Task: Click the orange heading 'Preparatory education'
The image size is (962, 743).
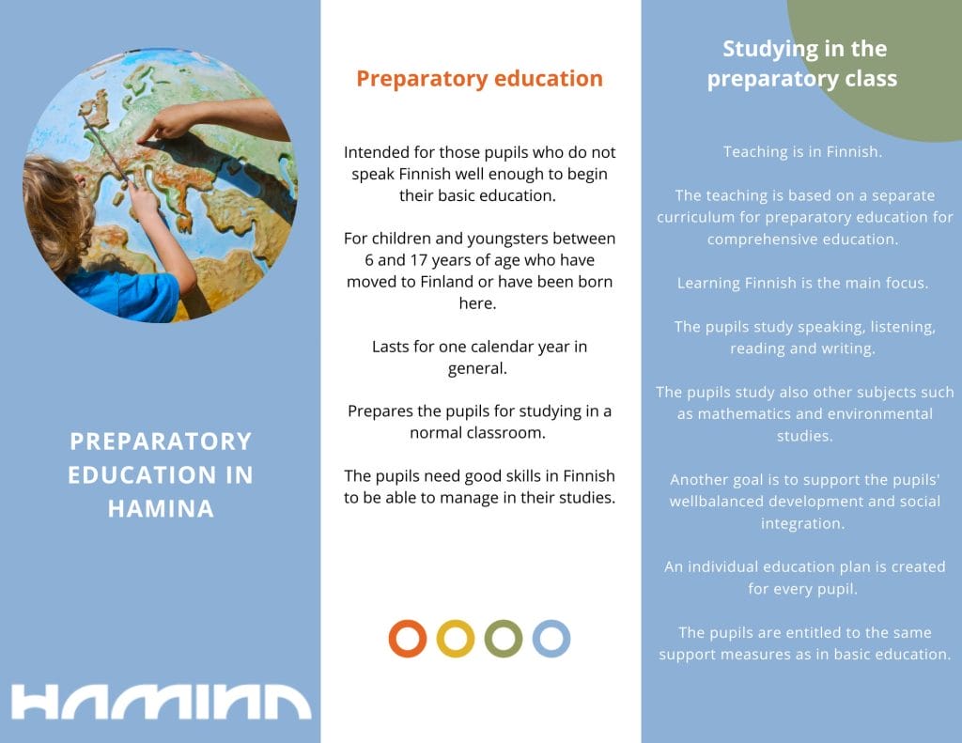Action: tap(479, 79)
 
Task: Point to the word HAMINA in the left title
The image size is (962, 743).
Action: tap(161, 508)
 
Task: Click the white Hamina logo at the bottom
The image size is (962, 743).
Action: tap(161, 702)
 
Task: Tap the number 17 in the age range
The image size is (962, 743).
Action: tap(418, 260)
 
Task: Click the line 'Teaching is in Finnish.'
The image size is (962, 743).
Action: tap(802, 152)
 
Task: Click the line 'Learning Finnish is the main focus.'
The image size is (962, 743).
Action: tap(802, 284)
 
